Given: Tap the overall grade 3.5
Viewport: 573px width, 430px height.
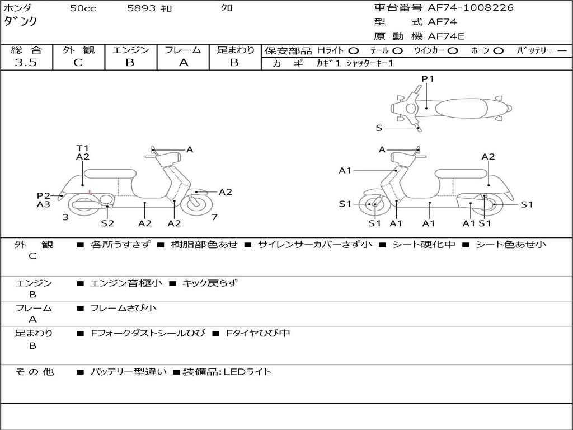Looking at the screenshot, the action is [x=26, y=63].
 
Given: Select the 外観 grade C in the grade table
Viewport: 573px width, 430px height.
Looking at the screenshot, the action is [x=78, y=63].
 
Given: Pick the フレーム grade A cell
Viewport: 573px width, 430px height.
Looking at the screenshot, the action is [x=183, y=63].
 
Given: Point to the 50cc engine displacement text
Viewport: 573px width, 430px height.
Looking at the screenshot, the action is [x=83, y=8].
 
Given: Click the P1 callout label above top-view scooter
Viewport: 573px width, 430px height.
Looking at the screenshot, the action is [x=428, y=79].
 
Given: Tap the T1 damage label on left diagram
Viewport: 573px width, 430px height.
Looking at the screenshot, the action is [x=83, y=148].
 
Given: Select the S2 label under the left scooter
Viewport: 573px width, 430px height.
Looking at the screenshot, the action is [x=107, y=223].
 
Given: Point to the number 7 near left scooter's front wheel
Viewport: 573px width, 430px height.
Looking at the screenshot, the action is [x=214, y=217].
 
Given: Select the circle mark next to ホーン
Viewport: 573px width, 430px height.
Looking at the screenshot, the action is [x=499, y=50].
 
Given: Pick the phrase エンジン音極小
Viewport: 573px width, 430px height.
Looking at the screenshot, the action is [x=126, y=283].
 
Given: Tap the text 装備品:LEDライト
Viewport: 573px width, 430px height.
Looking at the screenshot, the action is [x=227, y=371].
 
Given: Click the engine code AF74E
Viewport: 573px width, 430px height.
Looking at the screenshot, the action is [x=446, y=37].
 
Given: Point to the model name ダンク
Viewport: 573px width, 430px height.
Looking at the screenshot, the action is [x=21, y=21].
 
